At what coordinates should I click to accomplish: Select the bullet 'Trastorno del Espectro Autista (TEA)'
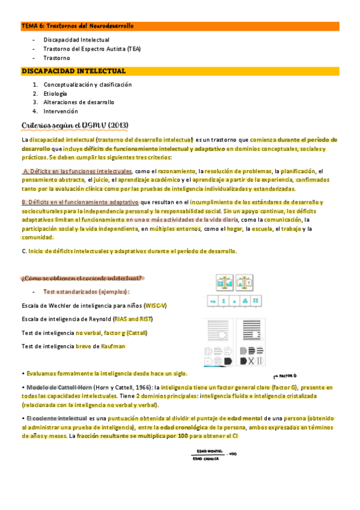pos(91,49)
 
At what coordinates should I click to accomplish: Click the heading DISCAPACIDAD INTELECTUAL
pos(73,71)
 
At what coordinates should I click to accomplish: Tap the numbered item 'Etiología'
pos(55,94)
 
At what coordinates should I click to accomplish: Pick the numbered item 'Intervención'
pos(61,111)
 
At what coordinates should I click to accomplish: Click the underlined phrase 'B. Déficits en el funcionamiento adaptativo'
pos(80,203)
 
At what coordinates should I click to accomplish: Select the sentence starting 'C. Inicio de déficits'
pos(129,251)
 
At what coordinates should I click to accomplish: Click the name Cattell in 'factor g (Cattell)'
pos(136,333)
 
